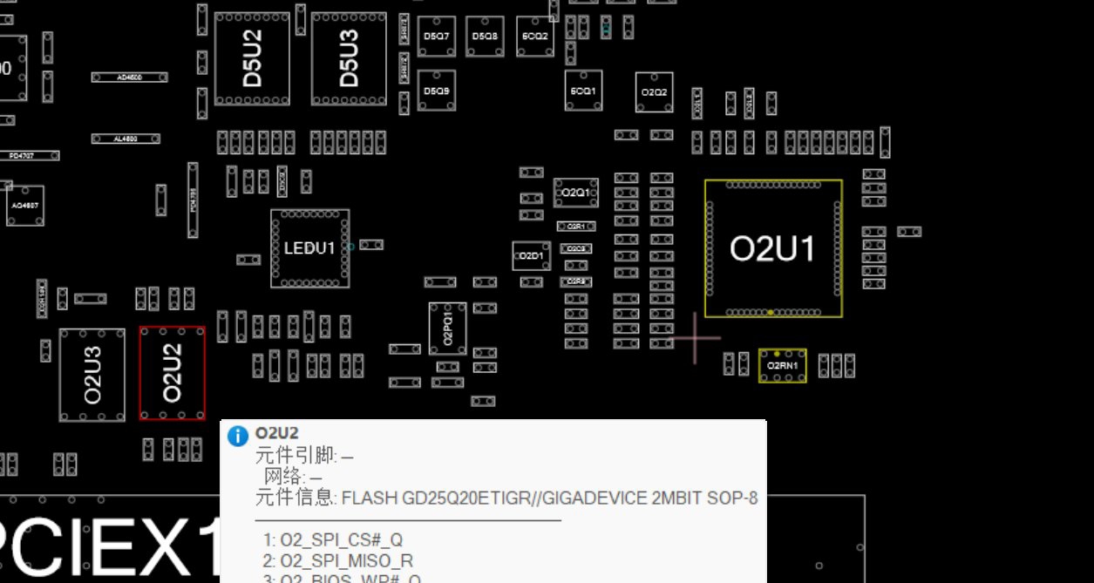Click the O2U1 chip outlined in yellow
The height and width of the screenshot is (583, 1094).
coord(773,248)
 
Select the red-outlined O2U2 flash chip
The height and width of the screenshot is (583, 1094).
coord(173,373)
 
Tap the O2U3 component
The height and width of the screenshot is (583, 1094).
coord(92,374)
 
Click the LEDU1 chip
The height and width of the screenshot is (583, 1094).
coord(309,248)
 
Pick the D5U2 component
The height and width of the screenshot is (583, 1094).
coord(252,58)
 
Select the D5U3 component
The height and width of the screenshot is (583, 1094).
coord(349,58)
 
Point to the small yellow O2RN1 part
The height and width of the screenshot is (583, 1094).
coord(782,366)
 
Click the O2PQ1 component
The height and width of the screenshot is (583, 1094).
coord(447,329)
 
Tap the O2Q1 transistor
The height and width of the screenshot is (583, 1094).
coord(575,193)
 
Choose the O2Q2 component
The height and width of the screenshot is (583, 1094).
coord(654,92)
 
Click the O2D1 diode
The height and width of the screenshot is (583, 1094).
coord(530,256)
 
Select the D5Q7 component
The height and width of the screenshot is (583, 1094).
coord(436,37)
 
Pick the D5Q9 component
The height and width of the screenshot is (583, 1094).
coord(436,91)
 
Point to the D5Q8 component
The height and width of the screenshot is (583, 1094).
coord(485,37)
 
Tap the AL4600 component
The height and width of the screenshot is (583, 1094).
coord(126,139)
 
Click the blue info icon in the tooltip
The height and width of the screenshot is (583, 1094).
coord(238,436)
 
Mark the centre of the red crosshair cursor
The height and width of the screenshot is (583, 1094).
coord(695,338)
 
